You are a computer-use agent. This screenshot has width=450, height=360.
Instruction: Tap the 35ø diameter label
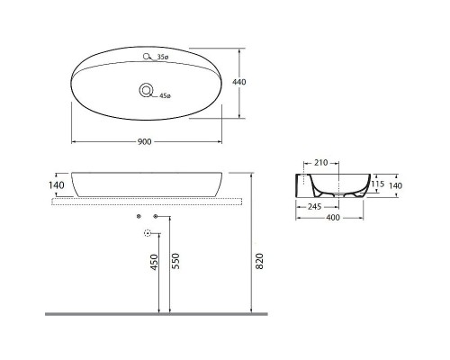point(163,58)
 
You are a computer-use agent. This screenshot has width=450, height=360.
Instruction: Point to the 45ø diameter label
point(164,95)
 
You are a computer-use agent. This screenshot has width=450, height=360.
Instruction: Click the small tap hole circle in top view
point(147,57)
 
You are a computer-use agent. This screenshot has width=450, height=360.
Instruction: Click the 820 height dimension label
point(259,262)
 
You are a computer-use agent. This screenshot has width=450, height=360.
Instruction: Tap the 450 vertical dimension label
point(154,262)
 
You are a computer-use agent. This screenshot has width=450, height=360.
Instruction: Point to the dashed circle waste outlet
point(148,232)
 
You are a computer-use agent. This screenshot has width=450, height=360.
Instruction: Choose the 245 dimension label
point(314,206)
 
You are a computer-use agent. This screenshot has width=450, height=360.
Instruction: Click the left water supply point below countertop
point(138,217)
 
